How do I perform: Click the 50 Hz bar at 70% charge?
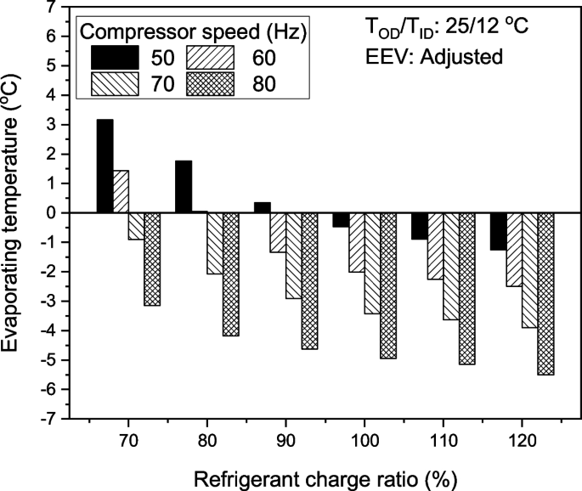105,166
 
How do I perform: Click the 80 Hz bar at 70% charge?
152,258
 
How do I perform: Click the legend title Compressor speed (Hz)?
194,33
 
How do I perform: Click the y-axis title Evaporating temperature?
15,212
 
